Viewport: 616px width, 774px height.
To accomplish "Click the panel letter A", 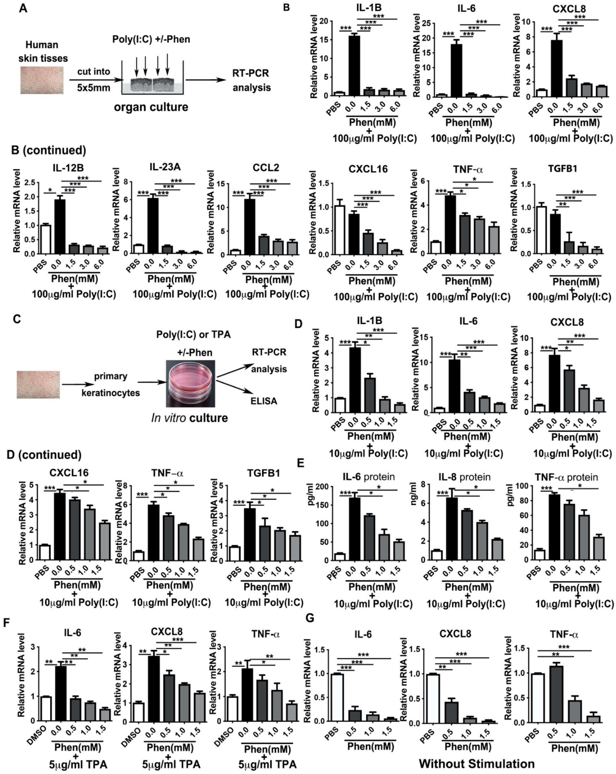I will pyautogui.click(x=23, y=8).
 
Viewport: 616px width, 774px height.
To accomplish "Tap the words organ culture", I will pyautogui.click(x=151, y=107).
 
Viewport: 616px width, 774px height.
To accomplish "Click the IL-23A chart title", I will pyautogui.click(x=165, y=167).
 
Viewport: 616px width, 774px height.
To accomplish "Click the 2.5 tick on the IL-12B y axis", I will pyautogui.click(x=30, y=183).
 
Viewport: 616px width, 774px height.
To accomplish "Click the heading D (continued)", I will pyautogui.click(x=44, y=455).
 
